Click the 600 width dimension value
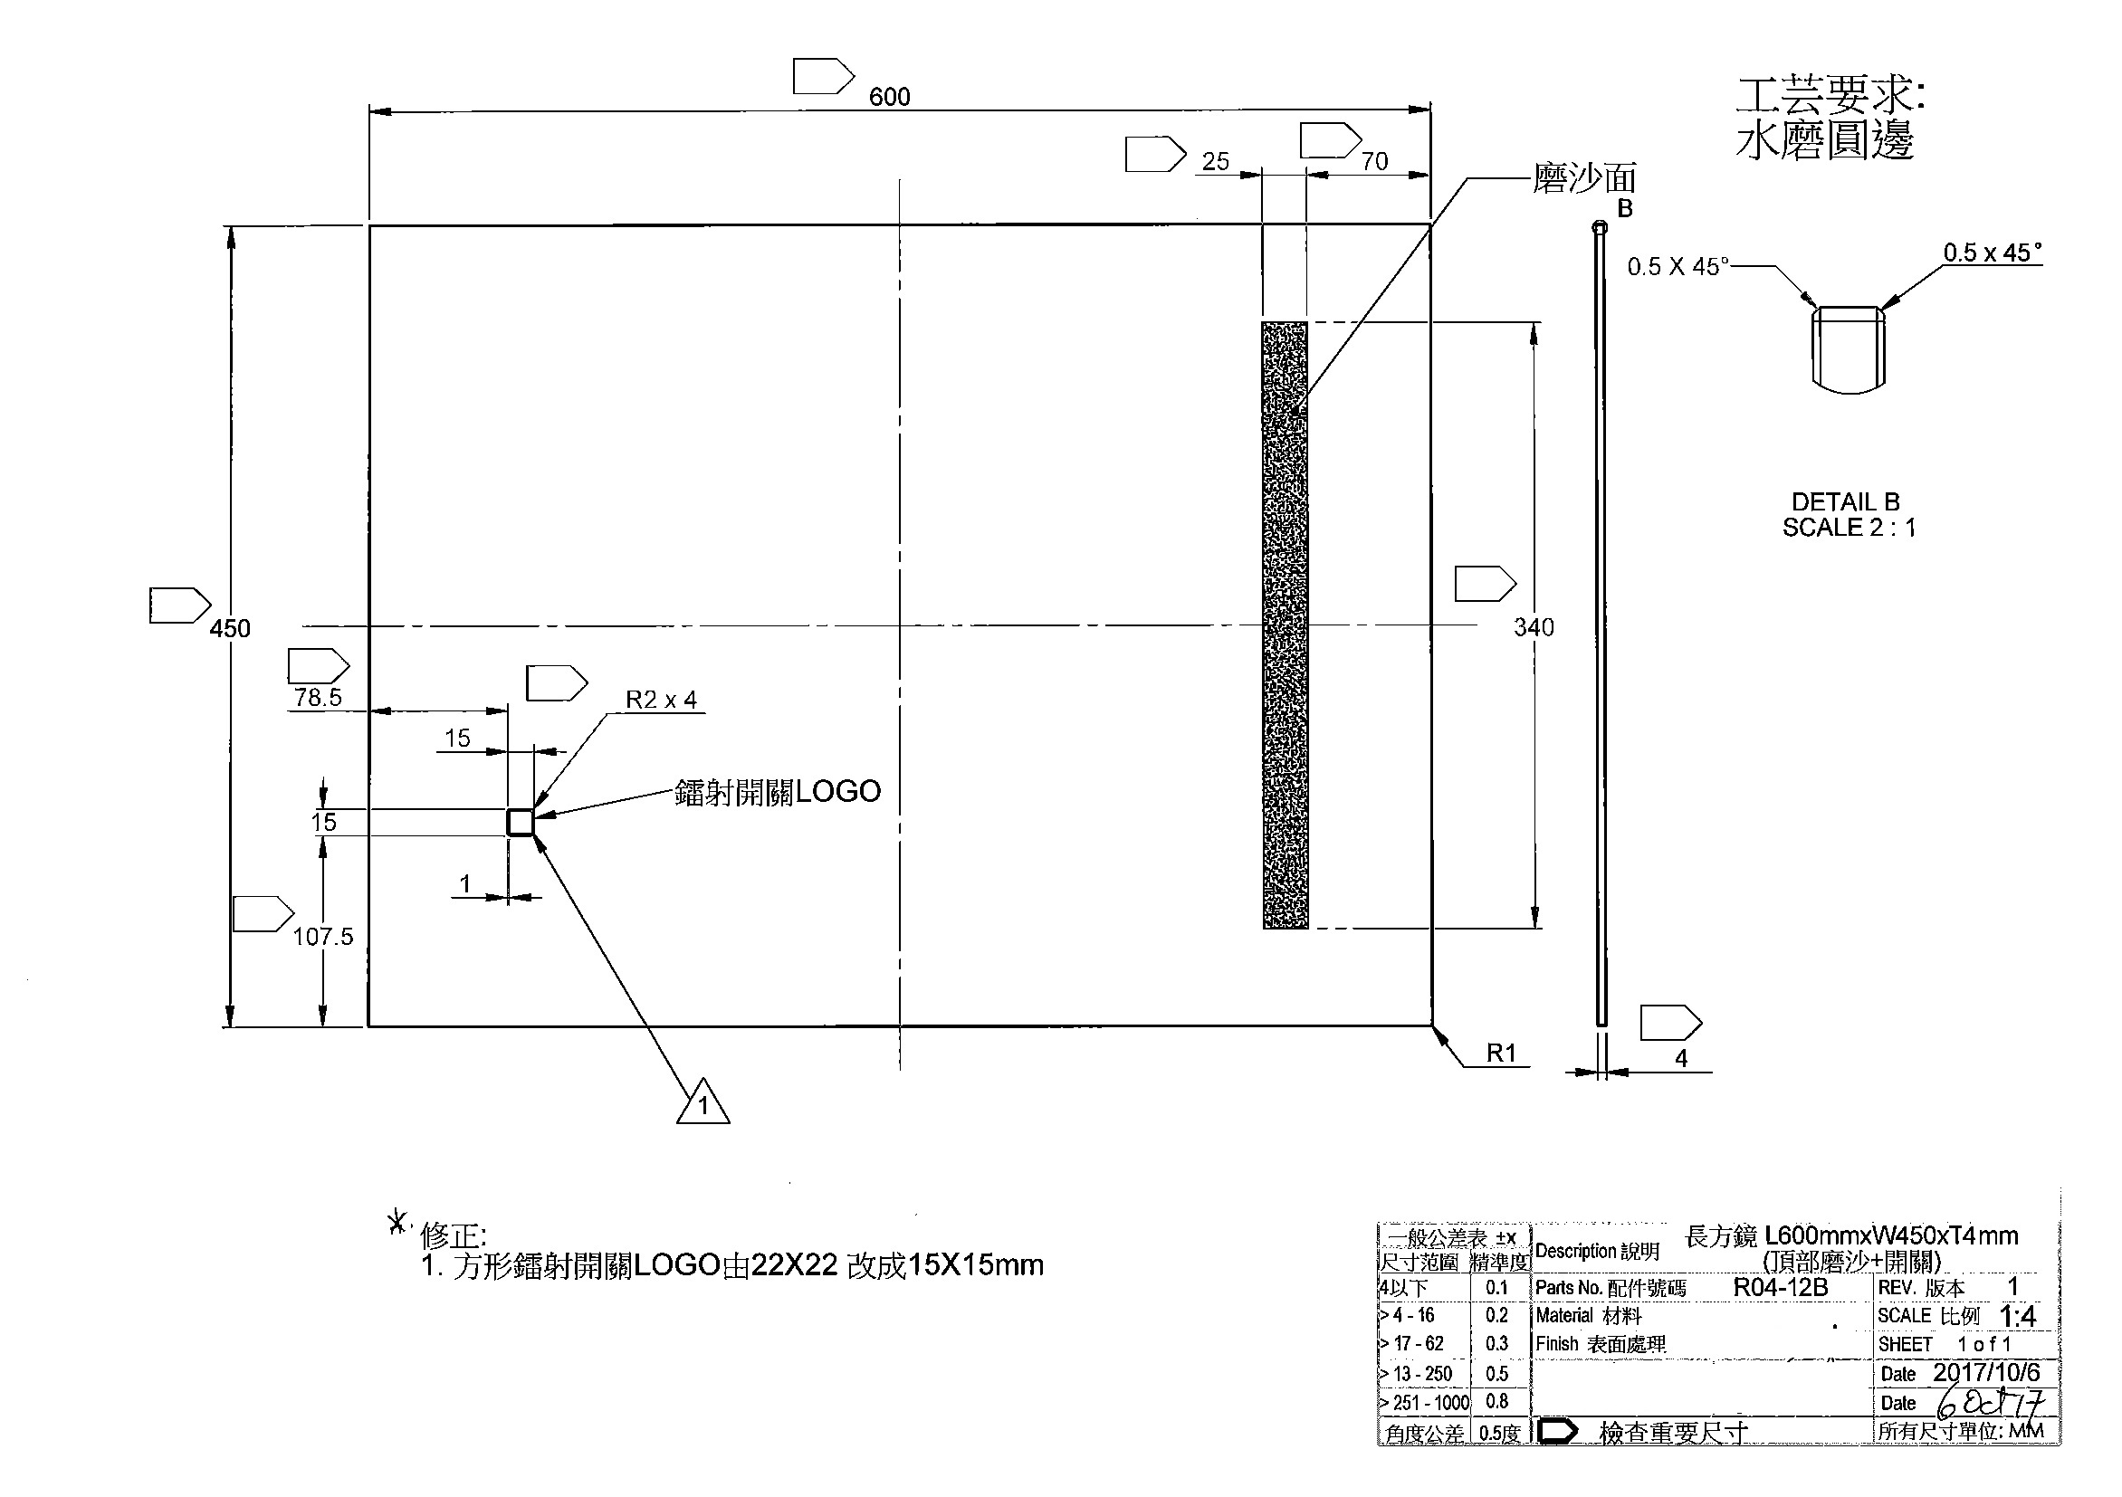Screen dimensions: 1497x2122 coord(889,97)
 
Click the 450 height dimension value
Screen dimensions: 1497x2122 coord(229,628)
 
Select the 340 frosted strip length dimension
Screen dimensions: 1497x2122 coord(1534,627)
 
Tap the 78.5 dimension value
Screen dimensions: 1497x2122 coord(318,698)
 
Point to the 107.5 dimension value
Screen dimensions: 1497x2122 coord(322,937)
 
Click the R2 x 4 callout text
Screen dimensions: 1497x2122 coord(661,700)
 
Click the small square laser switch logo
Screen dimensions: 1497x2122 coord(521,822)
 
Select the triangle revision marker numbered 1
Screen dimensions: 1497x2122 coord(703,1103)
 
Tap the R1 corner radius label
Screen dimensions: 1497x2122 coord(1501,1053)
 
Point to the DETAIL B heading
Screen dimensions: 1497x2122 coord(1846,501)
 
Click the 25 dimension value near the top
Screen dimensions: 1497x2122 coord(1215,162)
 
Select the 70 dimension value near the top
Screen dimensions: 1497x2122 coord(1374,162)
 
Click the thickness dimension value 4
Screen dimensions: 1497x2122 coord(1681,1059)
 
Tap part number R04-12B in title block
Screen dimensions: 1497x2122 coord(1780,1287)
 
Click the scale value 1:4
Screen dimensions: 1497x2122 coord(2018,1316)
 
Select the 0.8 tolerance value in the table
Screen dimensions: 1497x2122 coord(1496,1402)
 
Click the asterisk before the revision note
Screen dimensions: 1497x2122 coord(397,1223)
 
